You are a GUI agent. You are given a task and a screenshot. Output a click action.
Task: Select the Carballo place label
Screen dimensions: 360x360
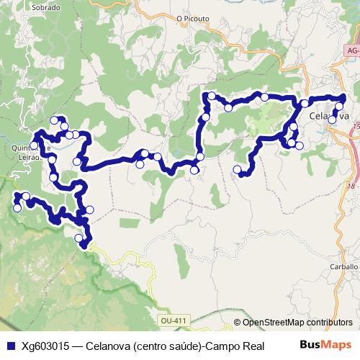343,266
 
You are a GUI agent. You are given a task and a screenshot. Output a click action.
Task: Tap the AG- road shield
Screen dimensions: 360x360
351,52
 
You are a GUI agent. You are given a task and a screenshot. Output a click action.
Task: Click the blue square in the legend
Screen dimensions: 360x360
9,346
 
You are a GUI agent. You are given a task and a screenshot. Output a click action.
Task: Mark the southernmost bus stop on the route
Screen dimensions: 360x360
79,238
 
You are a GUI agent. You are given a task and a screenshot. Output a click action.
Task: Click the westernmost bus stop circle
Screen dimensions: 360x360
17,208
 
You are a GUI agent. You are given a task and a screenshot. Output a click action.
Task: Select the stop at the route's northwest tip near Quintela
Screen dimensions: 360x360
54,120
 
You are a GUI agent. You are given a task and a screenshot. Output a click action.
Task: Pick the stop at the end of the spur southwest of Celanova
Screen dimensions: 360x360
238,170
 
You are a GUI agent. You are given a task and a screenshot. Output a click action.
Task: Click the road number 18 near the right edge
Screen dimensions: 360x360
351,186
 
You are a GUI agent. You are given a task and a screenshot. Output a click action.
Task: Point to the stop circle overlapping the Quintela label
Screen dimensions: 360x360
34,145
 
